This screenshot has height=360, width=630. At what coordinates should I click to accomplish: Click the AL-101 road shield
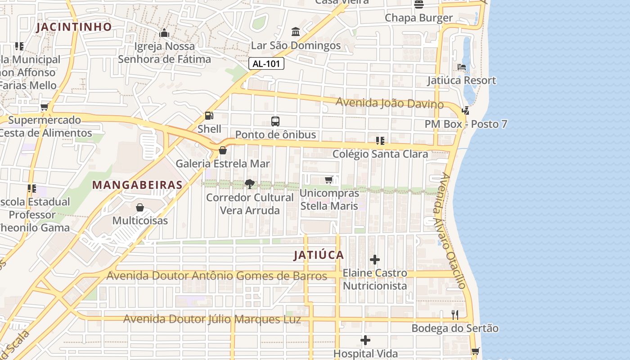266,64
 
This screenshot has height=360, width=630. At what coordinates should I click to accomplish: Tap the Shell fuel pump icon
209,116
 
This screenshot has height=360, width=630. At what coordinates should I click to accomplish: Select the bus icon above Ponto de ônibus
275,121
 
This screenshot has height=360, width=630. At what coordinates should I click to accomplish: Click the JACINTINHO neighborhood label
74,27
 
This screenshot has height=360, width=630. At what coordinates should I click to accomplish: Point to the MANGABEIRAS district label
137,185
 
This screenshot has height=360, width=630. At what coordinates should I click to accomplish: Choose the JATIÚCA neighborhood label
319,256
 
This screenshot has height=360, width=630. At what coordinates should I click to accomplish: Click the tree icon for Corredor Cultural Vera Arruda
249,184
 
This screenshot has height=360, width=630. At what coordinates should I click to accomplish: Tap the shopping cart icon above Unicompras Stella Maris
329,180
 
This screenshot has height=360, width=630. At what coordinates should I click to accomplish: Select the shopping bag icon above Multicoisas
140,207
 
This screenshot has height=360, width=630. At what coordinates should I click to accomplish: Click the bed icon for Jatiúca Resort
462,67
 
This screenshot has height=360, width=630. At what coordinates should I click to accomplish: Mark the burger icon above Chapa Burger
419,4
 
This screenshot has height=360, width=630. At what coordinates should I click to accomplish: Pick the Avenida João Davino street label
390,103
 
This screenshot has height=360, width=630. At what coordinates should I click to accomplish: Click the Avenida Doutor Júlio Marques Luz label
212,319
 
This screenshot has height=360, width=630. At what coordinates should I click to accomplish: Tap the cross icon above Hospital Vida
365,340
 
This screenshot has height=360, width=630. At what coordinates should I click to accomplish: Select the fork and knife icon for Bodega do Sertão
455,315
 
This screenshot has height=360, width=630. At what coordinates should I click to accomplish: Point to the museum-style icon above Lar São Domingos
296,32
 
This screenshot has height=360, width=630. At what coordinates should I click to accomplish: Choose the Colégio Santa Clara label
380,154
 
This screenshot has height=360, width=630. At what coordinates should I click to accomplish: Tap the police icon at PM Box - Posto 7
466,110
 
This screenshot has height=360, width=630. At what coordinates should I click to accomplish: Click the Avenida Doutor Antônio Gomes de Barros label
217,276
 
